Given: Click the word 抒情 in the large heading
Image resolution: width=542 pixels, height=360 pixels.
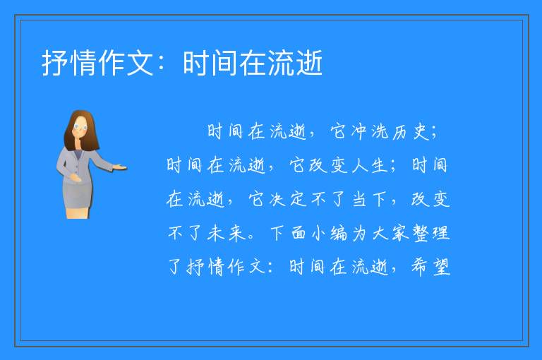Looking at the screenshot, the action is pos(69,63).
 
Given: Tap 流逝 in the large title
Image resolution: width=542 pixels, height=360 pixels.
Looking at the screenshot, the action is pos(296,63).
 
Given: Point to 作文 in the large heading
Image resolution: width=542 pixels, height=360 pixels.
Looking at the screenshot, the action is pos(126,63).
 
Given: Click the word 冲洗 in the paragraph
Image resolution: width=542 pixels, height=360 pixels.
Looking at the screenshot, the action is pos(369,132).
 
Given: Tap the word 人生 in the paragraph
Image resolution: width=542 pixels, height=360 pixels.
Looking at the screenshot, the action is pos(369,165).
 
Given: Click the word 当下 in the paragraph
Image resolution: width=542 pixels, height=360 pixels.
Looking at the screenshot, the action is pos(369,199).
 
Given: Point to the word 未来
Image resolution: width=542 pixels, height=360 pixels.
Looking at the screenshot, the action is pos(226,233).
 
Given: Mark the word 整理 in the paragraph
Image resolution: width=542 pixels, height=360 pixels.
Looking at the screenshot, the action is pos(431,233).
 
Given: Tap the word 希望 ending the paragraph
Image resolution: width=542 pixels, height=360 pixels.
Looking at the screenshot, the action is pos(431,267).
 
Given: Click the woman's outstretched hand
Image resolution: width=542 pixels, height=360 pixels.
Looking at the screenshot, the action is pos(119,168).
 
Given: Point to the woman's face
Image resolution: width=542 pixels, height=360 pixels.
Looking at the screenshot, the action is pos(80,127).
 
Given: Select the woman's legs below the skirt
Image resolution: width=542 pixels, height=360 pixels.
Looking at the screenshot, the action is pos(78,212).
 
